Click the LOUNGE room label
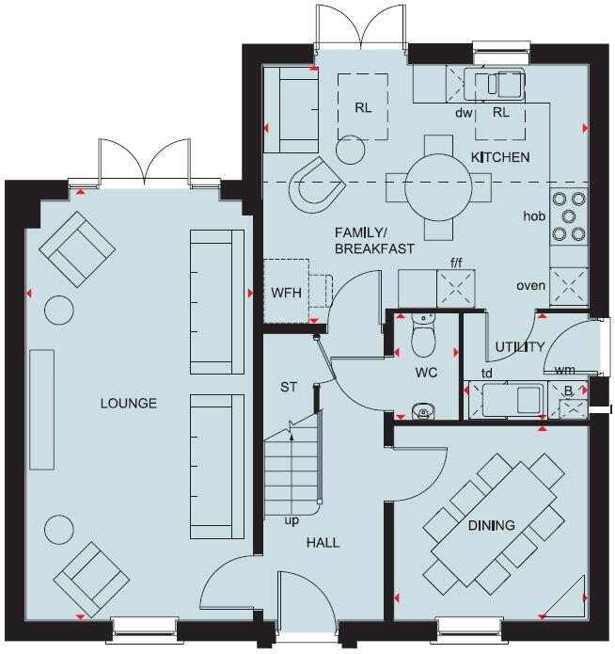click(129, 404)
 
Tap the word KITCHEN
click(500, 157)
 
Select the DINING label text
click(491, 525)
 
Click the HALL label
click(323, 543)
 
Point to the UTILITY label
click(520, 347)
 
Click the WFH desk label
click(286, 293)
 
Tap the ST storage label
click(289, 387)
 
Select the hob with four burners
click(568, 215)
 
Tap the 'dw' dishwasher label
click(463, 112)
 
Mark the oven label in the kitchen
click(530, 285)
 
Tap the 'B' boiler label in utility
click(566, 391)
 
